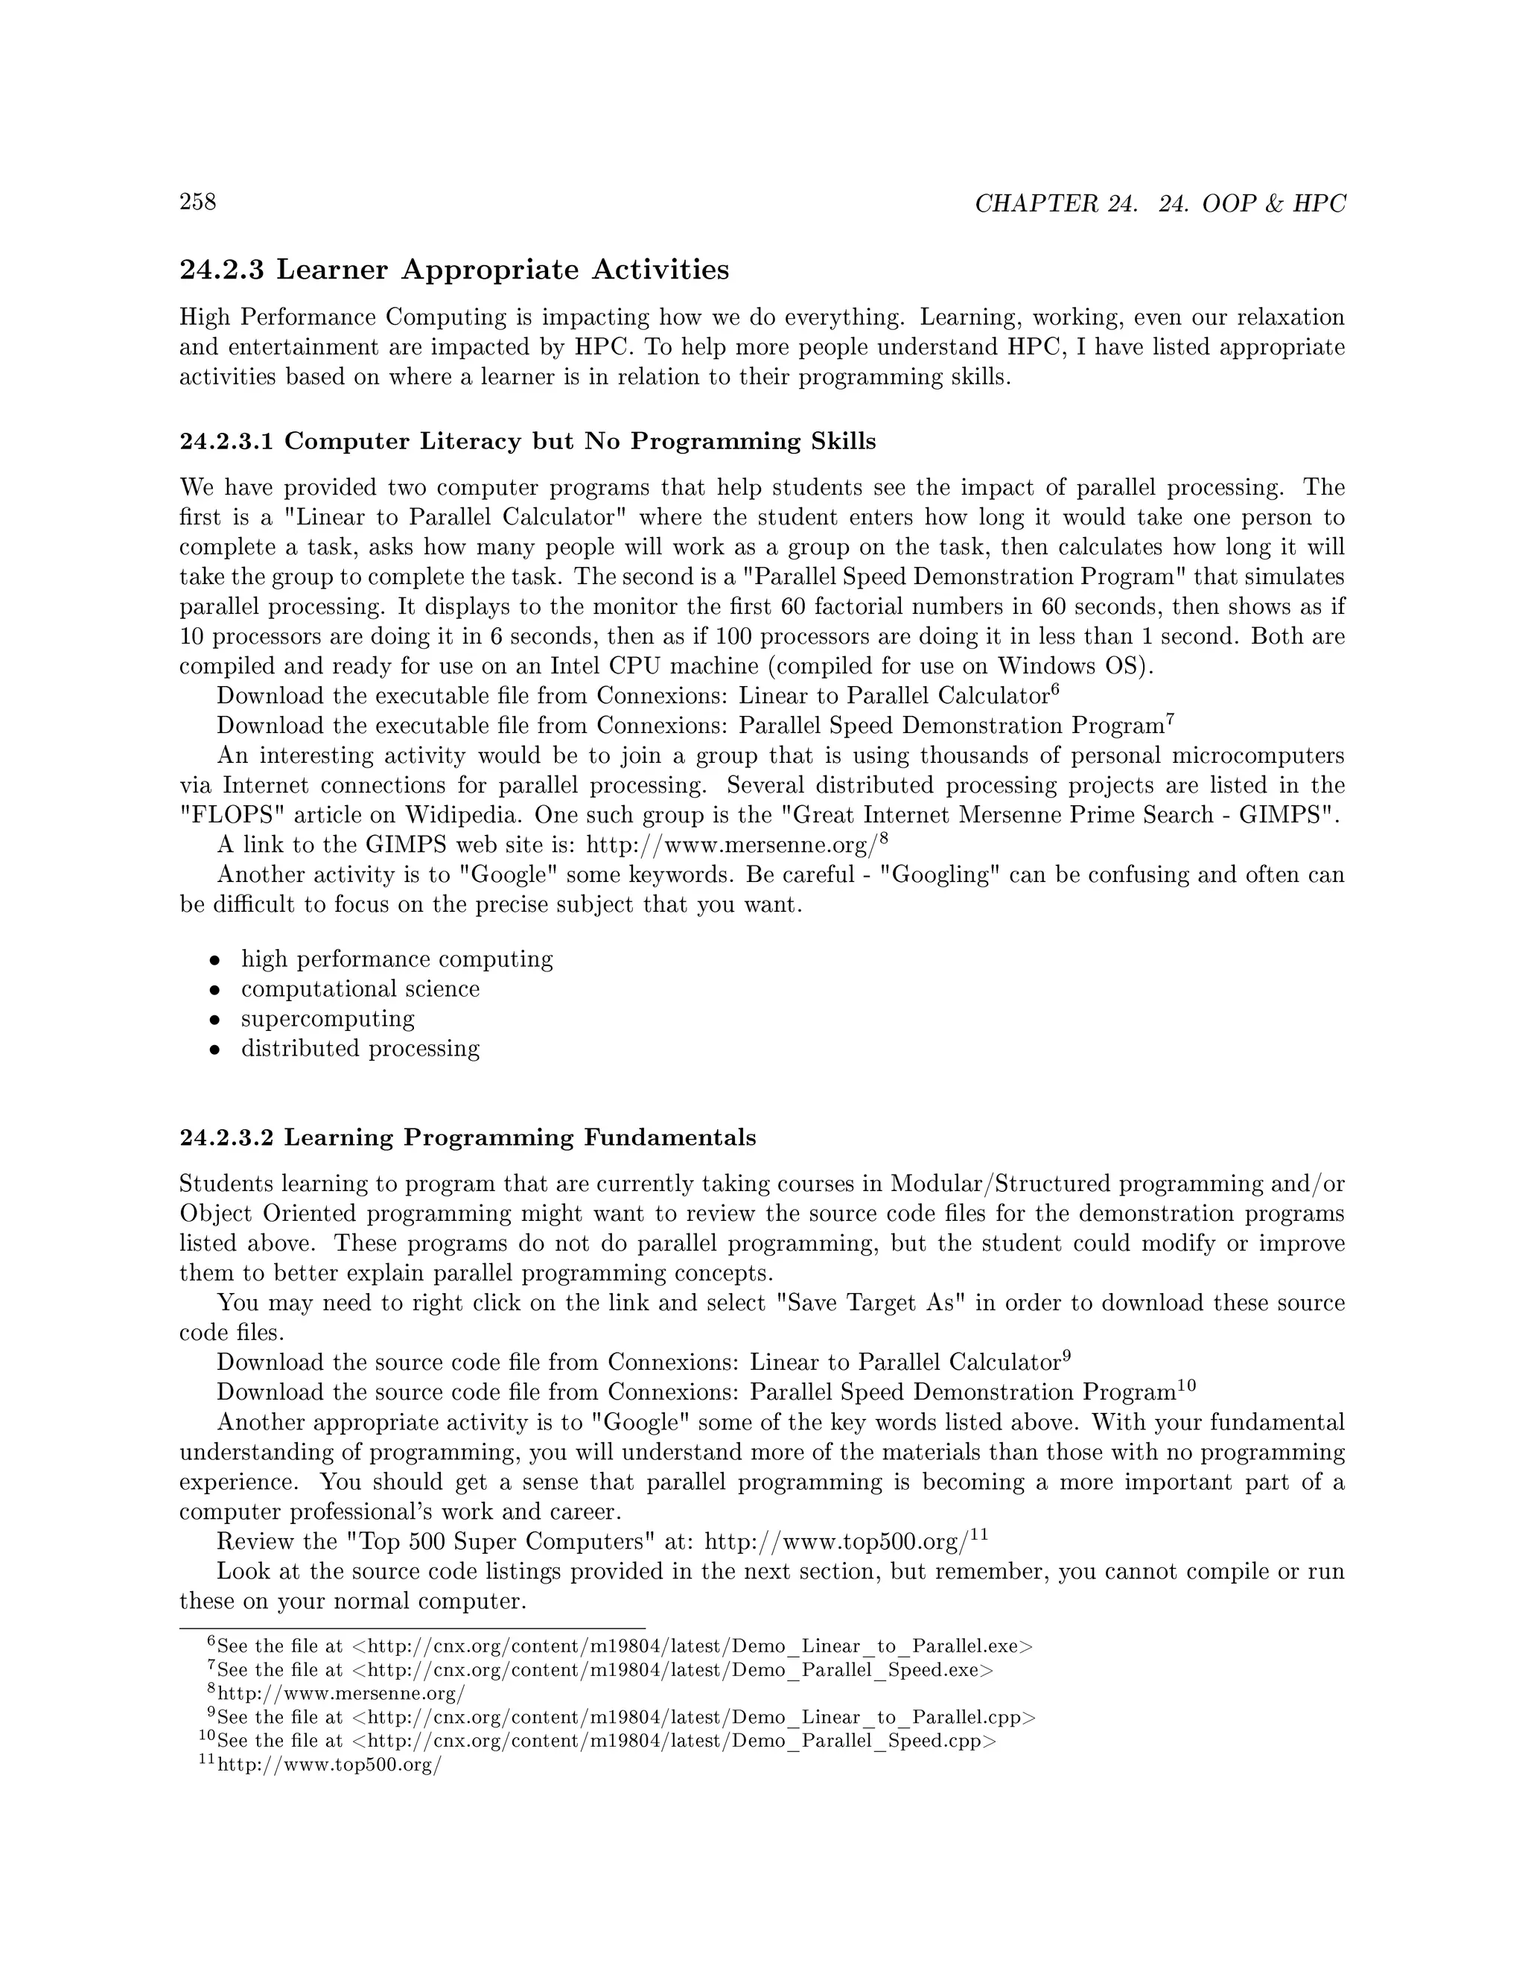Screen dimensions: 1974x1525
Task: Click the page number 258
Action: (x=198, y=202)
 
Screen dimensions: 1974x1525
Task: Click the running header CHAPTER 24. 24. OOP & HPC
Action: (x=1160, y=204)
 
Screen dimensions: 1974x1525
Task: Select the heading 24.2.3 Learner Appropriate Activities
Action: (x=454, y=270)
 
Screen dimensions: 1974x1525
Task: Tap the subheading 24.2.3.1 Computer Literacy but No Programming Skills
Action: (x=528, y=441)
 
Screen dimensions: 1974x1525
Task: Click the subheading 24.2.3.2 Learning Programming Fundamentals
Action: (x=467, y=1137)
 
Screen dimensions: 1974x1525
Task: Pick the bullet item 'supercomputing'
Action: (x=327, y=1018)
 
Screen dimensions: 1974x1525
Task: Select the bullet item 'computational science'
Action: (x=360, y=988)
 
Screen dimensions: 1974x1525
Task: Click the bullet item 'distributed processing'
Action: (x=360, y=1049)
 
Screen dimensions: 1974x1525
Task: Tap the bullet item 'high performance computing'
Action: (x=397, y=959)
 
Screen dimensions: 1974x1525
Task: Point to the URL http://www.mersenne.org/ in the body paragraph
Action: (x=732, y=846)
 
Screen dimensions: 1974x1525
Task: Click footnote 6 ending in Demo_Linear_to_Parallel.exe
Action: (x=623, y=1647)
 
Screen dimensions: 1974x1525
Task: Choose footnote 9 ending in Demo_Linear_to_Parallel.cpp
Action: (x=623, y=1717)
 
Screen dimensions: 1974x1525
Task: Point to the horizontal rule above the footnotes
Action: (x=412, y=1628)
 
